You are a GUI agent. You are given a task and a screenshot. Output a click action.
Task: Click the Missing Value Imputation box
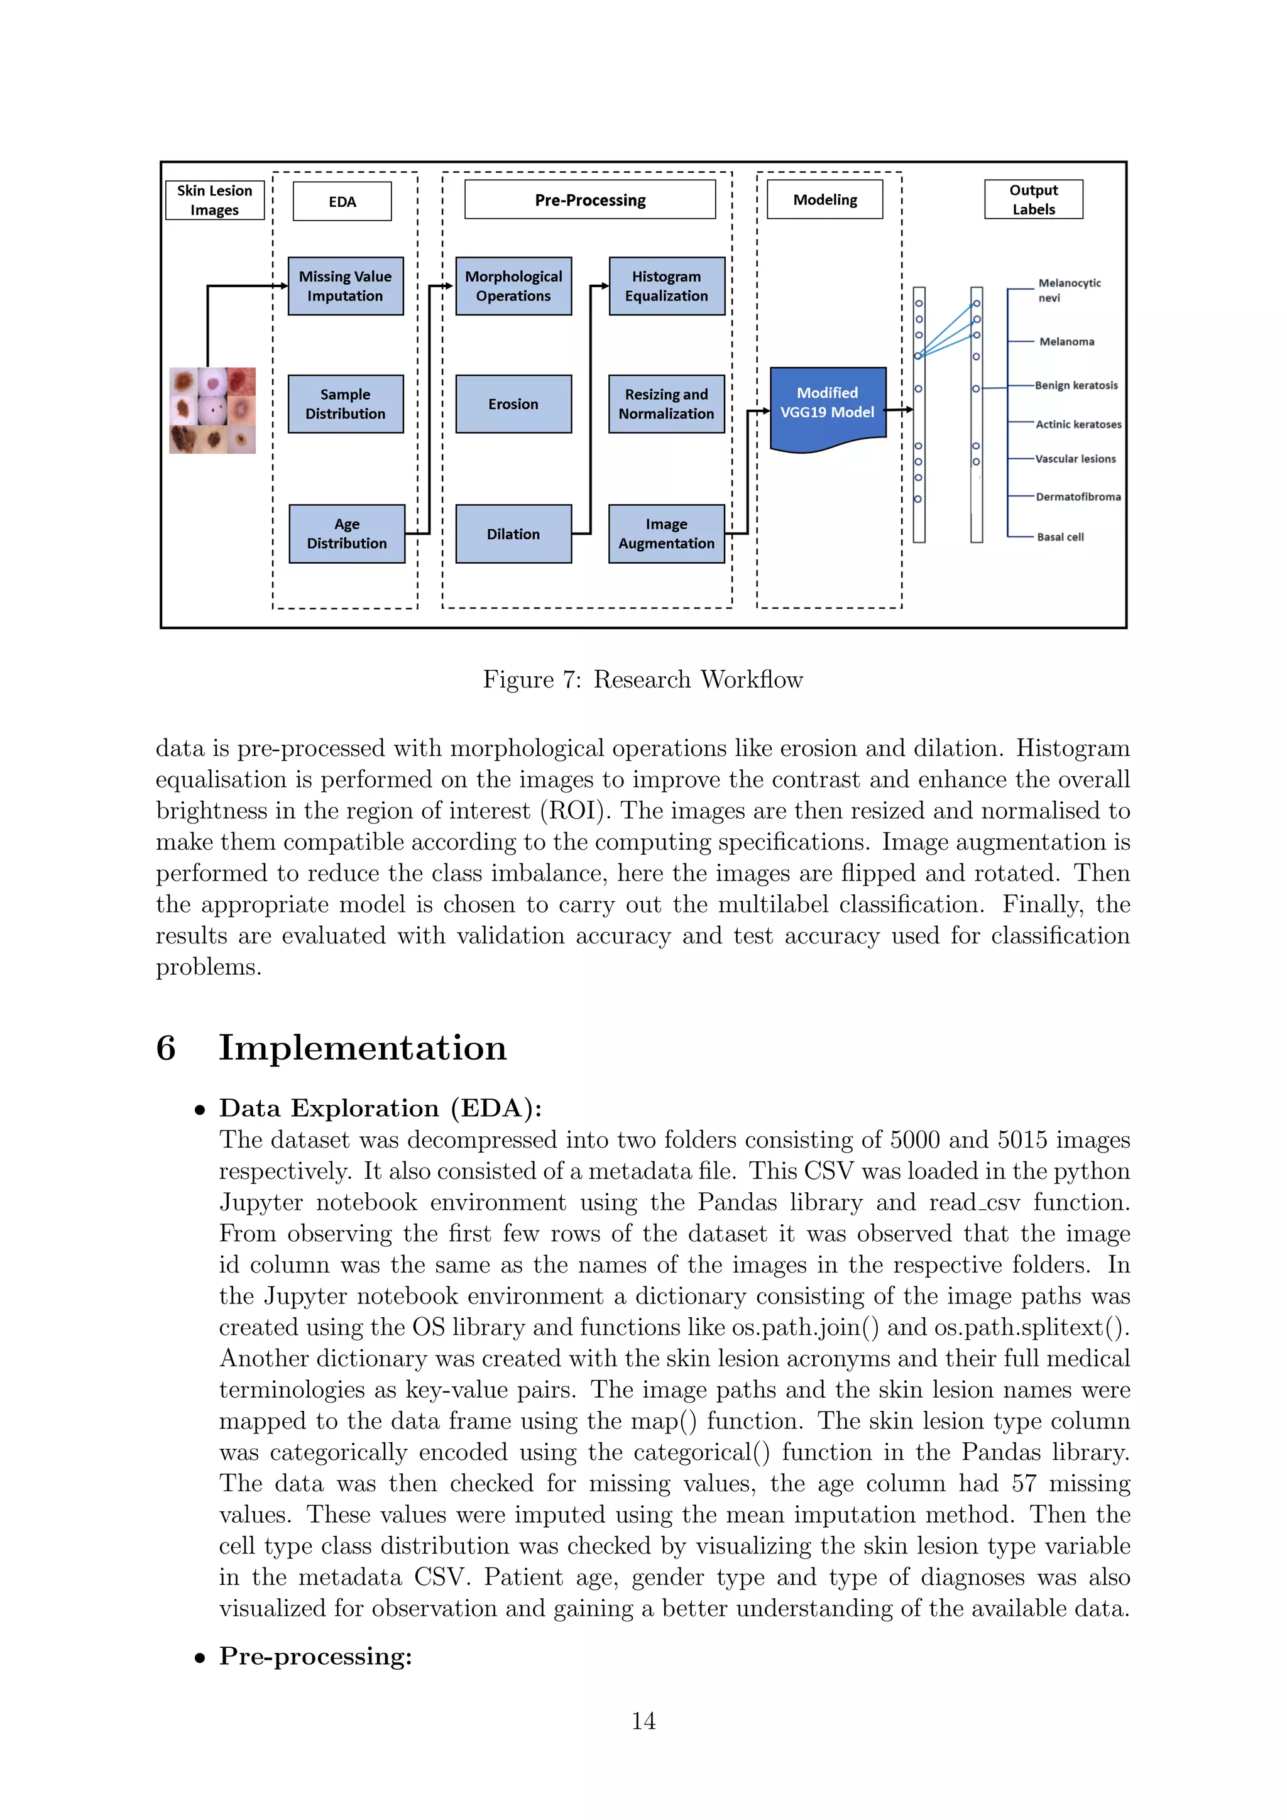pyautogui.click(x=346, y=286)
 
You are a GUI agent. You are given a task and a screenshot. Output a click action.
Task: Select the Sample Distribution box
pyautogui.click(x=346, y=404)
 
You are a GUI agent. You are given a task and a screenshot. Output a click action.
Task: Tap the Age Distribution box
pyautogui.click(x=347, y=534)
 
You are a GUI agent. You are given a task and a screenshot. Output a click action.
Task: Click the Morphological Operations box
pyautogui.click(x=513, y=286)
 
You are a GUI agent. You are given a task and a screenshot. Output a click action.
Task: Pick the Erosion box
pyautogui.click(x=513, y=404)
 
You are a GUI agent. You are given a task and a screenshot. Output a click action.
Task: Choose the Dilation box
pyautogui.click(x=513, y=534)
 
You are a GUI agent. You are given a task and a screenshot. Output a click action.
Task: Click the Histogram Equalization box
pyautogui.click(x=667, y=286)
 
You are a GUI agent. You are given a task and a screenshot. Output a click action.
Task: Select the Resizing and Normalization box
pyautogui.click(x=667, y=404)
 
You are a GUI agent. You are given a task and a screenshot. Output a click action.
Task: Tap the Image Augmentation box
pyautogui.click(x=667, y=534)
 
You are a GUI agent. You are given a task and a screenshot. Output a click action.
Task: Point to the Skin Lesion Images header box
pyautogui.click(x=215, y=200)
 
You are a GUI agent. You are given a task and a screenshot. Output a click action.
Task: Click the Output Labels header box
pyautogui.click(x=1033, y=200)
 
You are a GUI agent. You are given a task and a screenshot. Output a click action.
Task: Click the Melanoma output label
pyautogui.click(x=1066, y=342)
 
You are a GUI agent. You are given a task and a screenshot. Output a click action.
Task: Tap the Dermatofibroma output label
pyautogui.click(x=1078, y=497)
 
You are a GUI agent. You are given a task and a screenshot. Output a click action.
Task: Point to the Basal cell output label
pyautogui.click(x=1060, y=537)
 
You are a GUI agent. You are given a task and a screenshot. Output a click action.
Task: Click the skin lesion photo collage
pyautogui.click(x=212, y=410)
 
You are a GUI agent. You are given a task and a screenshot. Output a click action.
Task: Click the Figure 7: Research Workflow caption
pyautogui.click(x=643, y=680)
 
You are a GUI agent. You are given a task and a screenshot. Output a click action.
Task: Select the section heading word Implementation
pyautogui.click(x=362, y=1048)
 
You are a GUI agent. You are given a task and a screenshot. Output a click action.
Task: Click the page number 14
pyautogui.click(x=643, y=1720)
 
